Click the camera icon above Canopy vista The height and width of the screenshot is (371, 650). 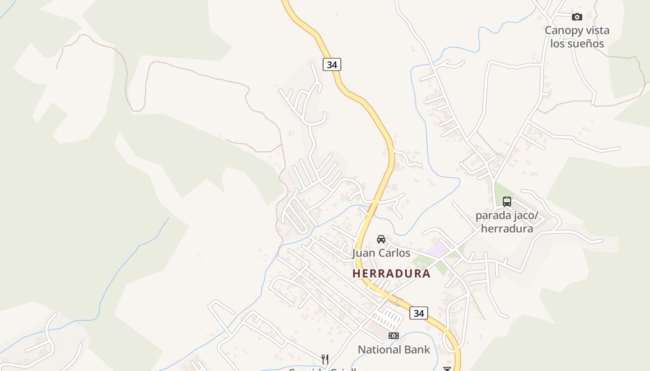click(x=577, y=17)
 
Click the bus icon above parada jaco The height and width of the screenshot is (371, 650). click(x=507, y=202)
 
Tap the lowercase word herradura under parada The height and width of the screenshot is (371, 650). click(x=507, y=228)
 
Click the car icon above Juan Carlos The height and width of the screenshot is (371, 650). click(x=381, y=239)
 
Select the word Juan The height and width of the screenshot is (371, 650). click(x=363, y=253)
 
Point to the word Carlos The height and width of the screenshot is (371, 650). click(x=393, y=253)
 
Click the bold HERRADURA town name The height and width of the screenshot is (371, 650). click(x=391, y=273)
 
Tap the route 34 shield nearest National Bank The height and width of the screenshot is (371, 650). click(x=419, y=313)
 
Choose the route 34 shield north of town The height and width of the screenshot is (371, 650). click(x=331, y=64)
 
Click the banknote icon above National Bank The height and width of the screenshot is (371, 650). click(x=394, y=336)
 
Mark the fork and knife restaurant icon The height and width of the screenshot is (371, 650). click(x=325, y=359)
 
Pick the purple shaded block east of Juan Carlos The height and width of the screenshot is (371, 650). click(x=436, y=251)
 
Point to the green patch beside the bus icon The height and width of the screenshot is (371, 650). click(x=500, y=192)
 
